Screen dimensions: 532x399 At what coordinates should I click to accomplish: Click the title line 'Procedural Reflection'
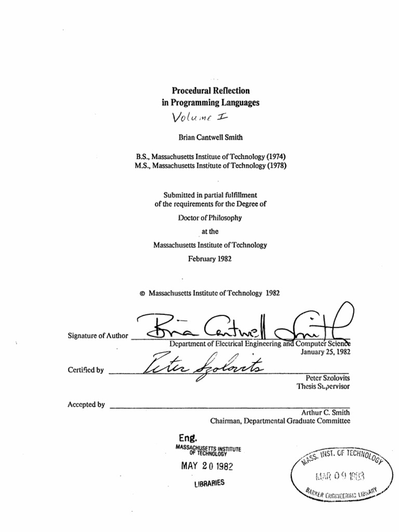(x=210, y=90)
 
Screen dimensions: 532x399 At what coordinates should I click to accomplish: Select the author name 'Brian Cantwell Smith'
(x=210, y=137)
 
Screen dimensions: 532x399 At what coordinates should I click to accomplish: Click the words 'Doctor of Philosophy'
(x=210, y=218)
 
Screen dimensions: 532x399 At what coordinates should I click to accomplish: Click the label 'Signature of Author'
(x=98, y=336)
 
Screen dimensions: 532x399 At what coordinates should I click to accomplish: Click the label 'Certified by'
(x=86, y=370)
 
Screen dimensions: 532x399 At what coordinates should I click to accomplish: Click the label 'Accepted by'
(x=86, y=404)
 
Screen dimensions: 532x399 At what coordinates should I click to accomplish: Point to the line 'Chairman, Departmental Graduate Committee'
(x=280, y=421)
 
